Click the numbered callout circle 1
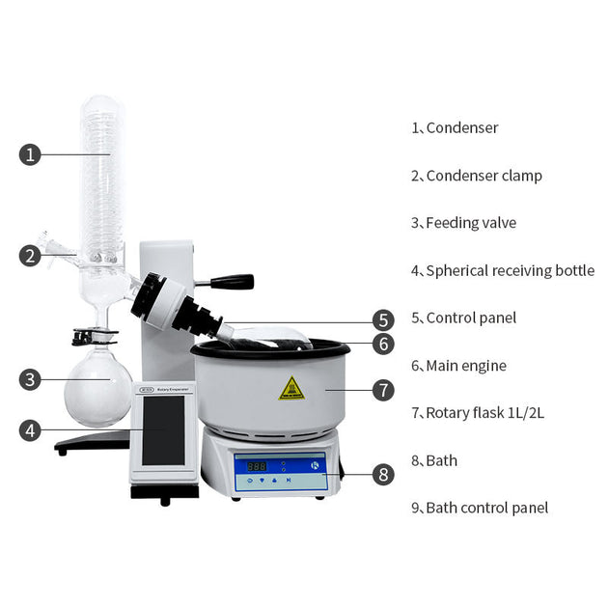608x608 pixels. pyautogui.click(x=30, y=154)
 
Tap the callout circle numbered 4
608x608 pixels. pyautogui.click(x=30, y=430)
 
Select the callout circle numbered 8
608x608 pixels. pyautogui.click(x=383, y=474)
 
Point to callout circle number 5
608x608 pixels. pyautogui.click(x=383, y=320)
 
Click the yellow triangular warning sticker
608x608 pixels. pyautogui.click(x=291, y=388)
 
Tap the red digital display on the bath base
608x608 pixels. pyautogui.click(x=257, y=466)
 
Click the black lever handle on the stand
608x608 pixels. pyautogui.click(x=233, y=281)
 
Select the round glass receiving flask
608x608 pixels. pyautogui.click(x=97, y=387)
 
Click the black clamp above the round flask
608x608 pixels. pyautogui.click(x=95, y=337)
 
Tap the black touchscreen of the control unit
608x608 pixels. pyautogui.click(x=163, y=430)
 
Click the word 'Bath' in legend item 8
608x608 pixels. pyautogui.click(x=442, y=460)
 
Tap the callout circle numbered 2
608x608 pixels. pyautogui.click(x=30, y=256)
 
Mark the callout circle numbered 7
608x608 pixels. pyautogui.click(x=383, y=390)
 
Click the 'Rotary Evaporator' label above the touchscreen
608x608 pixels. pyautogui.click(x=173, y=389)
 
